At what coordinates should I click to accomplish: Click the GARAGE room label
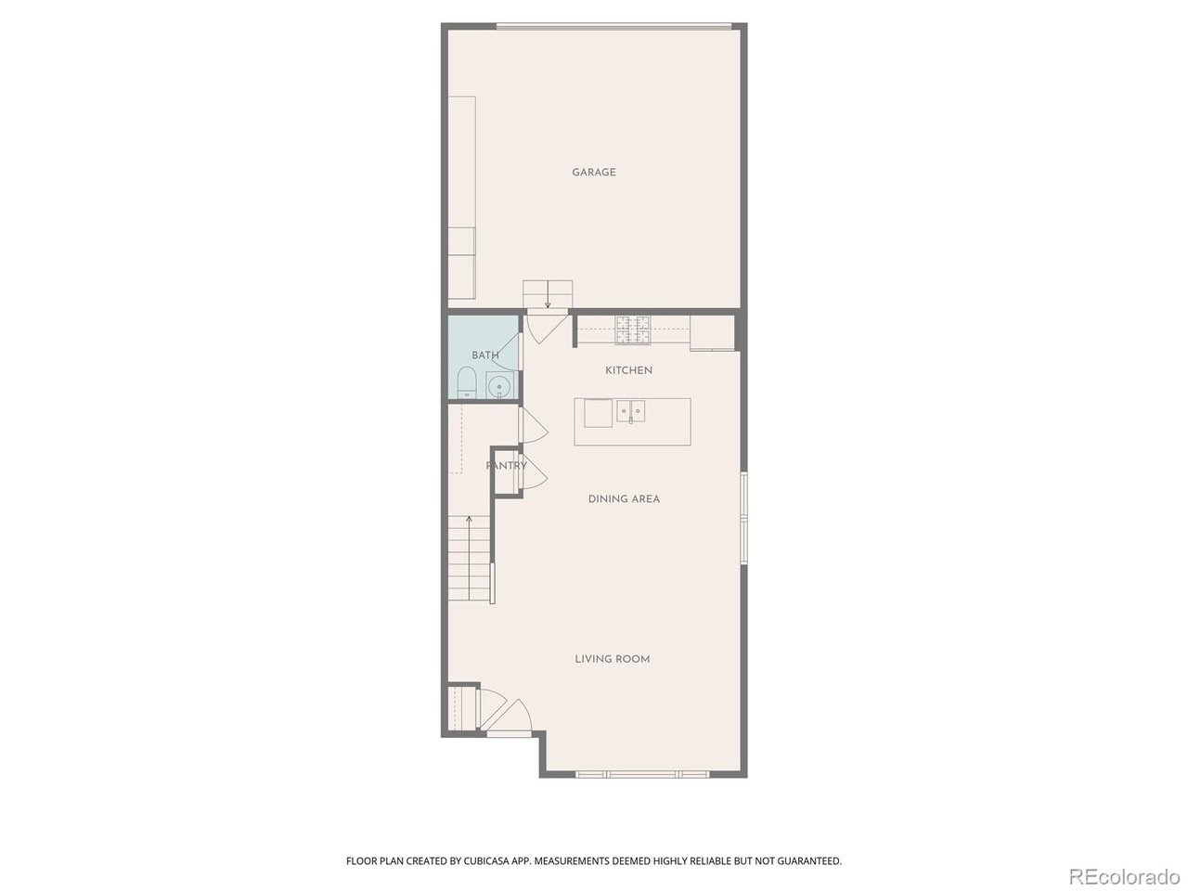coord(594,173)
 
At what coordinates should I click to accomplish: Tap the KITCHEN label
coord(628,370)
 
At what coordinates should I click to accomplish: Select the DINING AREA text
coord(624,498)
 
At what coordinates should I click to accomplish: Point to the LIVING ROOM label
coord(613,659)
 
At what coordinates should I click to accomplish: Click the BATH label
coord(484,355)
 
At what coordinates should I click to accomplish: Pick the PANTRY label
coord(506,466)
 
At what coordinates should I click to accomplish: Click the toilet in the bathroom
coord(466,382)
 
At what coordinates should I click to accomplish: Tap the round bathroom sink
coord(497,386)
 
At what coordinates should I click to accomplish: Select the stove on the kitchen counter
coord(632,329)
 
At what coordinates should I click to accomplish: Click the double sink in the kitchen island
coord(630,411)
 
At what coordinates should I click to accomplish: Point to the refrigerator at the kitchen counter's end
coord(712,332)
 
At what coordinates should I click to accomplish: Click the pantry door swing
coord(536,472)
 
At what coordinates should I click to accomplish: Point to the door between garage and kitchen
coord(548,328)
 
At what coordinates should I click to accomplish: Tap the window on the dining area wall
coord(744,518)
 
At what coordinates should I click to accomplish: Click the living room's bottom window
coord(641,775)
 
